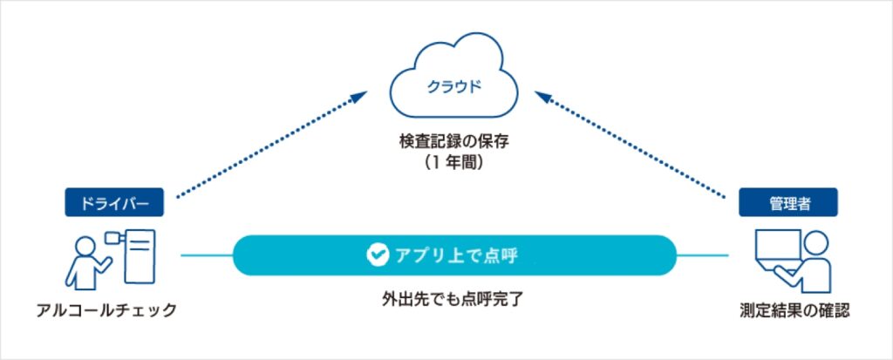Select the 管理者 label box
click(787, 203)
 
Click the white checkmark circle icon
click(377, 255)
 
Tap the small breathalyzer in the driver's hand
click(111, 236)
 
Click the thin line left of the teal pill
click(207, 255)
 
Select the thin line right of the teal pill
click(702, 255)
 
